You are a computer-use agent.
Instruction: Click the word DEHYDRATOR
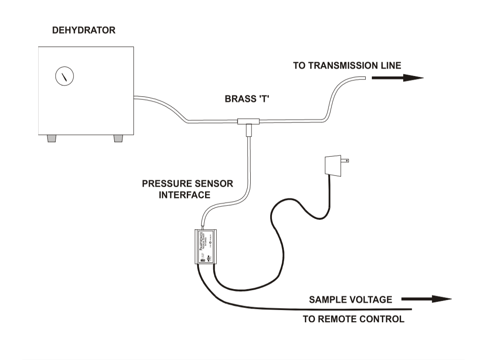[84, 30]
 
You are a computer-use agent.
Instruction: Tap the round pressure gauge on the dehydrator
[64, 76]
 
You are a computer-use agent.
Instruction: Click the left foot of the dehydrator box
[52, 139]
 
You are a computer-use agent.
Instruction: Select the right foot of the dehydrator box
[118, 139]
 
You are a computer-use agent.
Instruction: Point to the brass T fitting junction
[248, 121]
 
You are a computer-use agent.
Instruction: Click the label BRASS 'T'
[247, 99]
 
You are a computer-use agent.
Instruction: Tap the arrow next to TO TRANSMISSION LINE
[397, 78]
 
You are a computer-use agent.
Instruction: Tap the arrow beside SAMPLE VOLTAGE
[426, 299]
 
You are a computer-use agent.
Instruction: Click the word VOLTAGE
[371, 300]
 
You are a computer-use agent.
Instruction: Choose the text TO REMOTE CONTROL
[353, 319]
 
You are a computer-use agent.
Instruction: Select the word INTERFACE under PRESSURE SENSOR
[184, 195]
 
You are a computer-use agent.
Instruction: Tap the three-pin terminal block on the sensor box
[202, 260]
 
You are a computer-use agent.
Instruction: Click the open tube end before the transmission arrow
[364, 78]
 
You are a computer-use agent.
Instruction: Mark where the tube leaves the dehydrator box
[135, 98]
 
